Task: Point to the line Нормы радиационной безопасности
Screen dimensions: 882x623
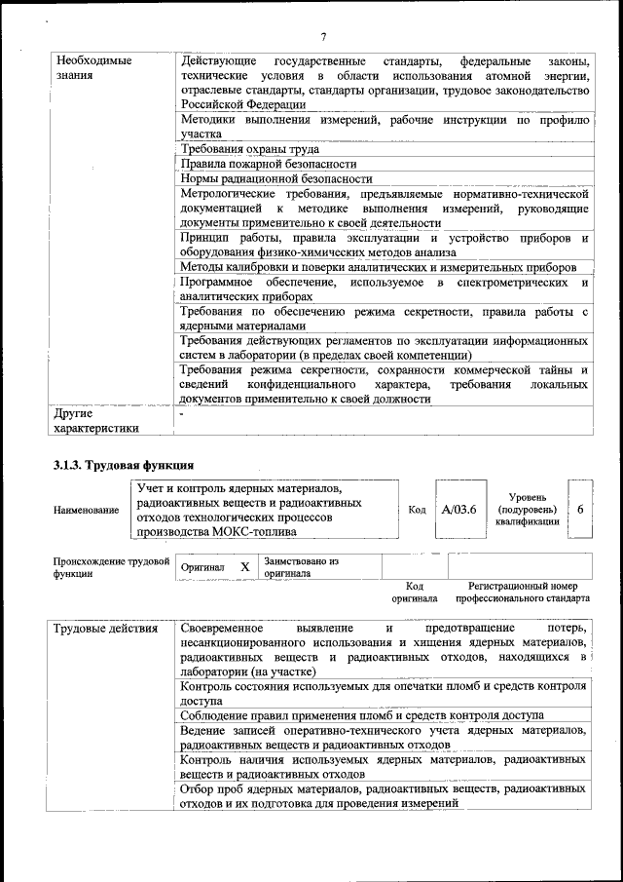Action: [x=276, y=179]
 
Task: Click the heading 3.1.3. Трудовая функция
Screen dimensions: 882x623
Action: [x=124, y=465]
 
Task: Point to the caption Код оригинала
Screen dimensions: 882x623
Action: [x=414, y=593]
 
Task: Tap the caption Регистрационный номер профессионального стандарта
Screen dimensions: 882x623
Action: [x=529, y=593]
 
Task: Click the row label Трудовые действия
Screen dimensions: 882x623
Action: [x=106, y=629]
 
